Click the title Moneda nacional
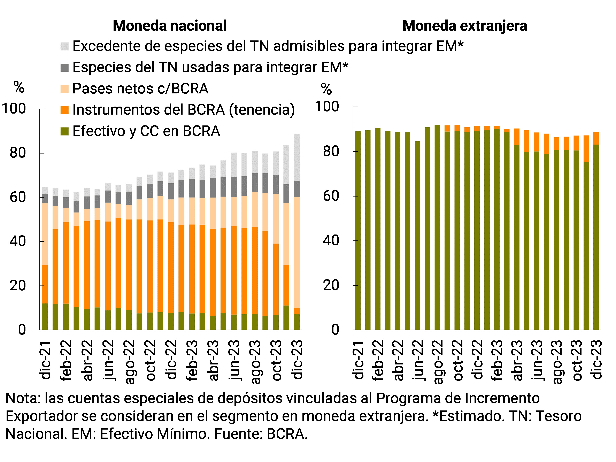click(170, 26)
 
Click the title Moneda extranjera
click(464, 26)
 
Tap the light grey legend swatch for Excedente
click(64, 46)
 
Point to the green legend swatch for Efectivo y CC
click(64, 131)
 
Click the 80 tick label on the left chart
click(17, 153)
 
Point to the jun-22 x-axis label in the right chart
click(418, 360)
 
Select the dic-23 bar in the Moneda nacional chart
click(297, 232)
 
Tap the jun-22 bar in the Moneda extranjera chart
click(417, 236)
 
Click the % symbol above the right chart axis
click(326, 89)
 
